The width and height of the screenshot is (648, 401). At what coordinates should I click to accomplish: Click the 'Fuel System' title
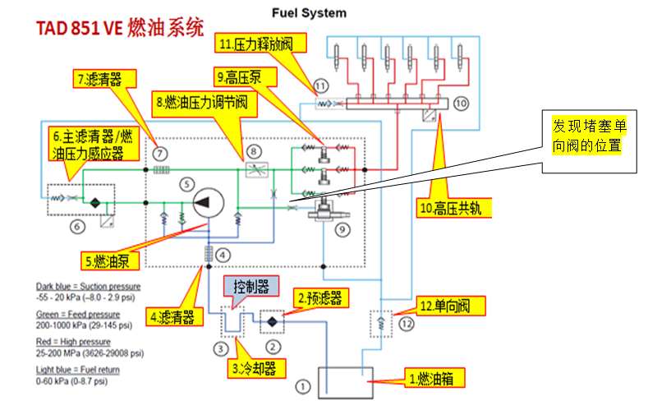tap(309, 13)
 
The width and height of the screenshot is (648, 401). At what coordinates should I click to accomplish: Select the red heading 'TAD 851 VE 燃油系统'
tap(120, 28)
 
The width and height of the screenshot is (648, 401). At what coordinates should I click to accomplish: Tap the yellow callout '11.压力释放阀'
tap(260, 44)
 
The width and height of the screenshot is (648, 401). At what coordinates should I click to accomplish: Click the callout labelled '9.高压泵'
tap(245, 77)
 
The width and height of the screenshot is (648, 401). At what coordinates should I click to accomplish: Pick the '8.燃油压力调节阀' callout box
tap(205, 104)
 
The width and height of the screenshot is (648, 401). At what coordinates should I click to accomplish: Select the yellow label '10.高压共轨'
tap(454, 208)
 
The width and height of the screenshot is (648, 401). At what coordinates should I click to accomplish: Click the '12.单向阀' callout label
tap(450, 307)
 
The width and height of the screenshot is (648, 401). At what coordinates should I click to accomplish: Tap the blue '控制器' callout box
tap(251, 286)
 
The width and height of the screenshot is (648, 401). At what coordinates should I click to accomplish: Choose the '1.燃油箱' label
tap(434, 378)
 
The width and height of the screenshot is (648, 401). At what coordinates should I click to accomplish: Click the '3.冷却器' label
tap(256, 368)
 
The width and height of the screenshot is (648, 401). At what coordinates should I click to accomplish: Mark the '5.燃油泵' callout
tap(110, 260)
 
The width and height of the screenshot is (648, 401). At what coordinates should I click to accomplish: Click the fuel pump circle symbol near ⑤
tap(209, 203)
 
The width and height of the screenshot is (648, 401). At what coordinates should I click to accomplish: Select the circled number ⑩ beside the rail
tap(462, 104)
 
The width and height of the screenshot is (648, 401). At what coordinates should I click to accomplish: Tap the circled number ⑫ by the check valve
tap(407, 324)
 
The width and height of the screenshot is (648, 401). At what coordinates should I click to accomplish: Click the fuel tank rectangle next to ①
tap(346, 382)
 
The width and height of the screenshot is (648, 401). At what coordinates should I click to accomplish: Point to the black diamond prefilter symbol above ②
tap(272, 321)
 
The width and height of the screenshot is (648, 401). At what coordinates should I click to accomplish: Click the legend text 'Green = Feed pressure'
tap(78, 315)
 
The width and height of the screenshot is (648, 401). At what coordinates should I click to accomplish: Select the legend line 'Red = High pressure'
tap(73, 342)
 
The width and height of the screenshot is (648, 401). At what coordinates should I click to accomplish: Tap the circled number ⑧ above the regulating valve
tap(254, 152)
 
